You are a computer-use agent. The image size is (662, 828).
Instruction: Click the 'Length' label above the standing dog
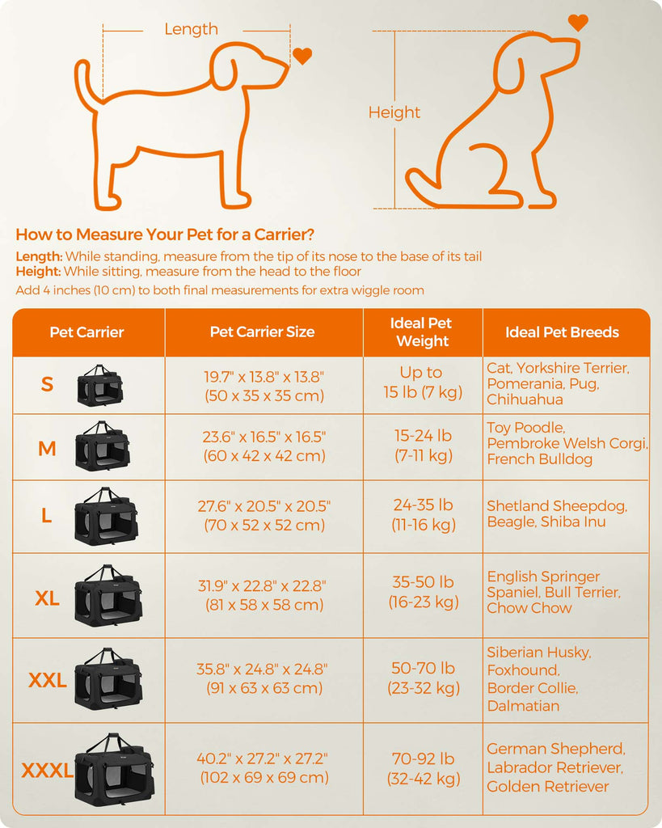click(x=191, y=29)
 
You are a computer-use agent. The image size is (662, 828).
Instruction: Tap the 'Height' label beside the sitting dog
click(x=394, y=112)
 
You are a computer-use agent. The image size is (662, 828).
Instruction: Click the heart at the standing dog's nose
click(x=302, y=56)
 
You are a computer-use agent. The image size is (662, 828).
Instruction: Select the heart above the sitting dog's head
click(x=578, y=23)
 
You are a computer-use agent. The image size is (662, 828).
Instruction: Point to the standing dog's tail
click(x=84, y=84)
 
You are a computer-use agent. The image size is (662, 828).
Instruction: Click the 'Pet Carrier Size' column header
click(x=263, y=332)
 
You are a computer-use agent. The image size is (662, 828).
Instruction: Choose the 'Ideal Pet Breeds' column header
click(x=563, y=332)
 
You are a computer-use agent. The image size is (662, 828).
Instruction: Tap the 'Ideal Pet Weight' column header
click(x=422, y=332)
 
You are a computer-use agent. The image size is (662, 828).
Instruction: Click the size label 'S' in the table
click(x=47, y=384)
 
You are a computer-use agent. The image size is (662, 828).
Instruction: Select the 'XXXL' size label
click(x=48, y=771)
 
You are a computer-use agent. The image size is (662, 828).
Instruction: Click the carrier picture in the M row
click(x=103, y=446)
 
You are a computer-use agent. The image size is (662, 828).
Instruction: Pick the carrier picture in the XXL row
click(x=109, y=679)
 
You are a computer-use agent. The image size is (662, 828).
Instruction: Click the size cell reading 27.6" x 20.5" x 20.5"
click(x=264, y=515)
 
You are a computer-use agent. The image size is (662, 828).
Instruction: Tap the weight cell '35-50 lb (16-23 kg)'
click(x=424, y=592)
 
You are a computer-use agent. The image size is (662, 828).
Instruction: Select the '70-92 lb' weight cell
click(x=424, y=768)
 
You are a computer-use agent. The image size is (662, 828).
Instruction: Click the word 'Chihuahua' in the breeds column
click(x=525, y=399)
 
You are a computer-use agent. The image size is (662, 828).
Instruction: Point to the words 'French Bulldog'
click(x=539, y=459)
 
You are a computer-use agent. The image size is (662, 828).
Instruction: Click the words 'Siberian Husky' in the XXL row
click(x=538, y=653)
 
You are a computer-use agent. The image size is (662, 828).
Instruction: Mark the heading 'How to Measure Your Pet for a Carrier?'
click(x=165, y=234)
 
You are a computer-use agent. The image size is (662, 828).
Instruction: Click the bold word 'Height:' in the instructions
click(x=39, y=272)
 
